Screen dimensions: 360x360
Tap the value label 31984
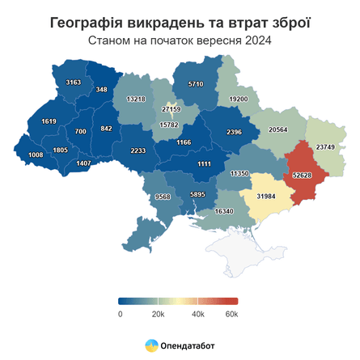(266, 197)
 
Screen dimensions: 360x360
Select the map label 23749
(325, 146)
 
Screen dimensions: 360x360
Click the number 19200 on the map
(239, 98)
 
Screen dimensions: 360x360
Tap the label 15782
(168, 125)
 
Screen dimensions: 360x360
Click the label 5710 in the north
(196, 83)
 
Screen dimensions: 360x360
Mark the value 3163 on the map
(74, 83)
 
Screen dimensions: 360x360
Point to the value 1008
(36, 155)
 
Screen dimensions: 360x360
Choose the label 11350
(239, 173)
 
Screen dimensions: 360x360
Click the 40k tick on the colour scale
(197, 313)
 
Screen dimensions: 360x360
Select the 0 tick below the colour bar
(120, 313)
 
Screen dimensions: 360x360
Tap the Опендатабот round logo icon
(151, 345)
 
